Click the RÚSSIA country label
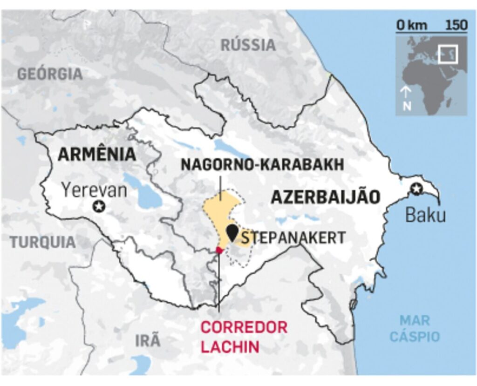coord(248,45)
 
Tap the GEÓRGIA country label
coord(50,74)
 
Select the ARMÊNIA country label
coord(97,154)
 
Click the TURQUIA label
coord(42,242)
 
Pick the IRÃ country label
coord(148,340)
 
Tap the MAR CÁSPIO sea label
coord(415,328)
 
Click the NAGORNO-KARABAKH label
coord(262,164)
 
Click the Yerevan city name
coord(95,190)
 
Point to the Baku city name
coord(425,215)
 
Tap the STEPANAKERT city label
coord(293,237)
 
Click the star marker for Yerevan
coord(98,206)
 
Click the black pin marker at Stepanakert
coord(232,232)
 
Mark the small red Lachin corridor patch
coord(219,251)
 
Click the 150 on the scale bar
coord(456,25)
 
